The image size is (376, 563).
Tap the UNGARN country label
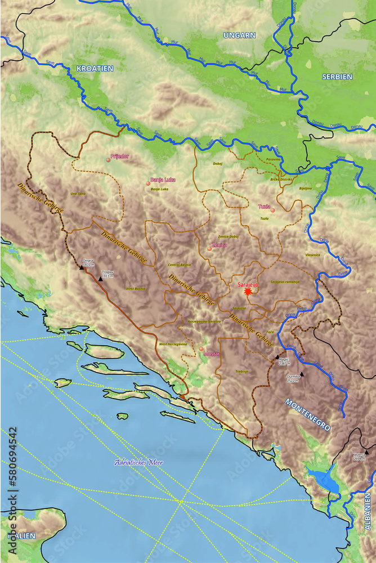coord(239,35)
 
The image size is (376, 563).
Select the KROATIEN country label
coord(95,69)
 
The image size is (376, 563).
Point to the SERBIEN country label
coord(337,77)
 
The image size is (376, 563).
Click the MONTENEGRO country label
coord(307,415)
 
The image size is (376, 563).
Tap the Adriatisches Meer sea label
coord(138,462)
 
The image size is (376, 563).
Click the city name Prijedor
coord(120,156)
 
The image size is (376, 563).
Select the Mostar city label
coord(212,354)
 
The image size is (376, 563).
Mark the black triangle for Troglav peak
coord(101,279)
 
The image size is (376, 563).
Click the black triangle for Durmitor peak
coord(302,373)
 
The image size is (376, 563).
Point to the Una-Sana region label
coord(78,193)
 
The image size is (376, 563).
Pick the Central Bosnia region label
coord(179,264)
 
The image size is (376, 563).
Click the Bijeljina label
coord(306,188)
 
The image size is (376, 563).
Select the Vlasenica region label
coord(312,254)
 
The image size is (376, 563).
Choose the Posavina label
coord(273,159)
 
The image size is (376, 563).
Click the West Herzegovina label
coord(173,343)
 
